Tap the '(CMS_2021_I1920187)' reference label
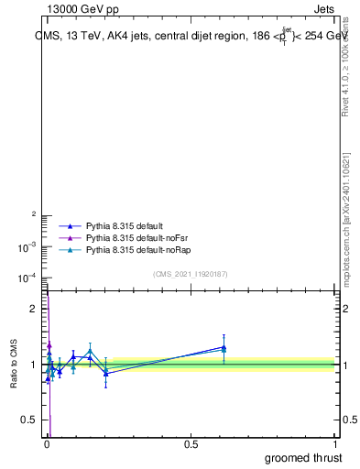click(191, 274)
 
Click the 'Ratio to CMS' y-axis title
click(15, 364)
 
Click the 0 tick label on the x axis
click(47, 444)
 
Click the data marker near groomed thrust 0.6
click(224, 347)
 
